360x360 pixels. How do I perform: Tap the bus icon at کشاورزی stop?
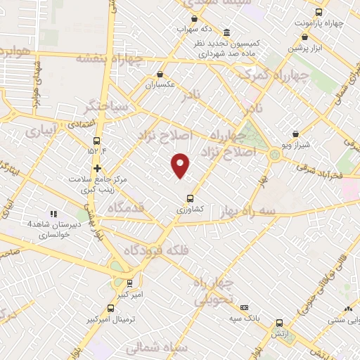coord(189,198)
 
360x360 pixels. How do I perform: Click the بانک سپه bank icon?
coord(244,307)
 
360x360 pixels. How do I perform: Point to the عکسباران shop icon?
coord(160,74)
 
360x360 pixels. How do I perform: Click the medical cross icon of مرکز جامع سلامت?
coord(97,168)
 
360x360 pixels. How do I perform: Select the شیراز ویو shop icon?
coord(295,134)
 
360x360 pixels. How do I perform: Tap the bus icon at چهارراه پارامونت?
coord(319,12)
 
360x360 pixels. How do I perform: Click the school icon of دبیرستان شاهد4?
coord(52,213)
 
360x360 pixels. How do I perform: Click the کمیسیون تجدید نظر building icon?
coord(225,32)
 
